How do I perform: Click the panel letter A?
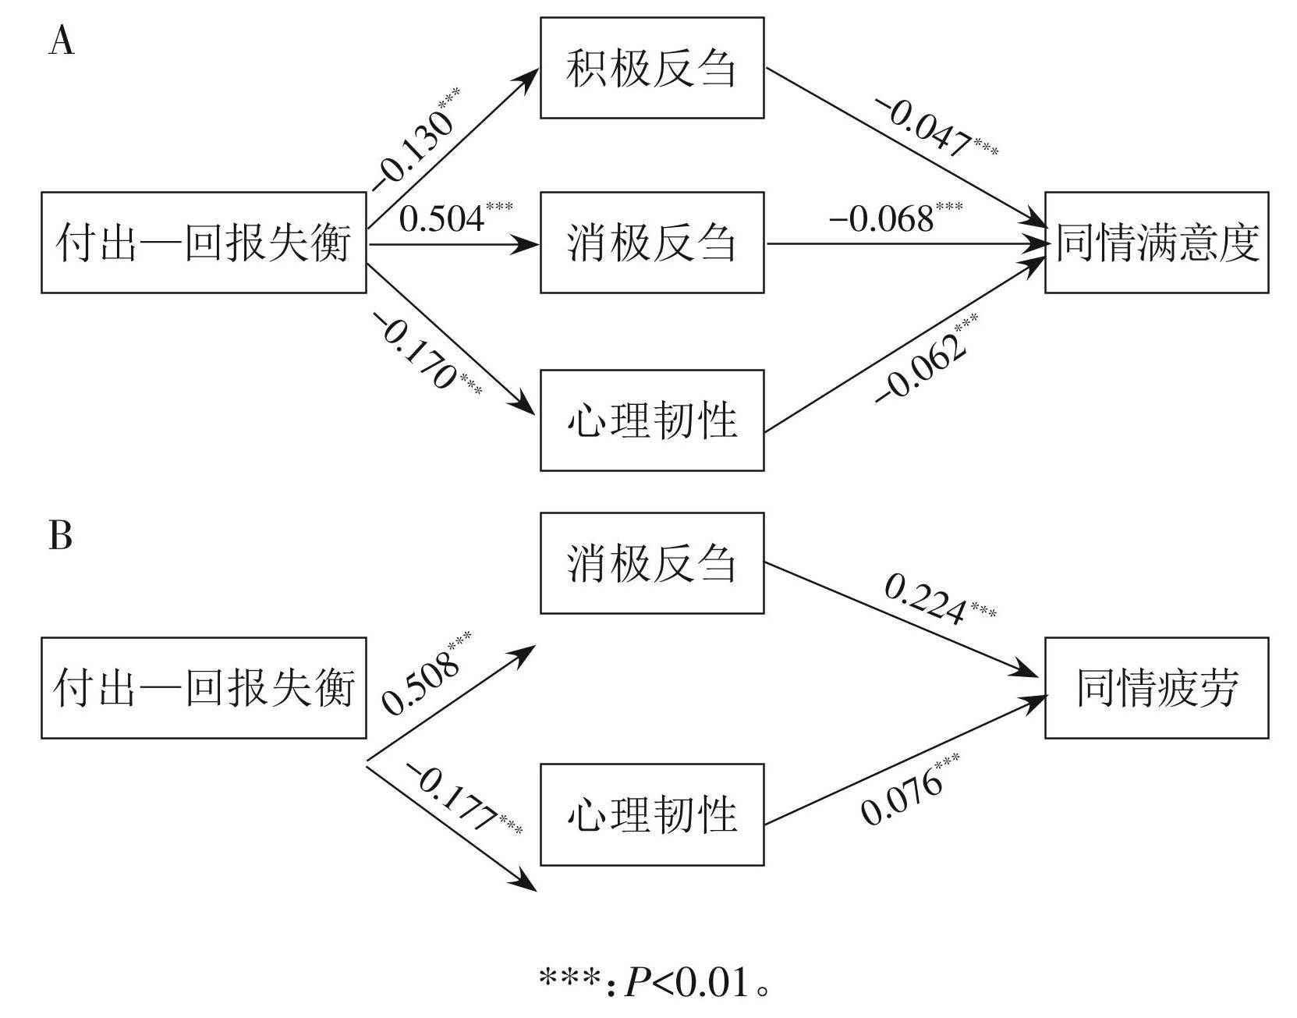(x=62, y=42)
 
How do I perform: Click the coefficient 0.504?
(x=441, y=218)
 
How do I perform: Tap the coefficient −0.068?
(x=881, y=219)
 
